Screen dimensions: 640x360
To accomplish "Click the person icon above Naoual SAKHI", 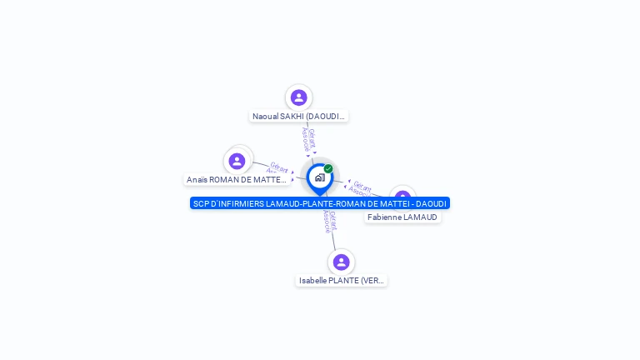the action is [298, 97].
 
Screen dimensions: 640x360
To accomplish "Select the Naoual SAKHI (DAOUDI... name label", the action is [298, 117].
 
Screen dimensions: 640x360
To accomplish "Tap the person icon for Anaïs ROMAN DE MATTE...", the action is [237, 161].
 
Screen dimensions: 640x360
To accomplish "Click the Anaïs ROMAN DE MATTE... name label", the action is [237, 180].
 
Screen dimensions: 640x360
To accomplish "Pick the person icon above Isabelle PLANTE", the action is [341, 262].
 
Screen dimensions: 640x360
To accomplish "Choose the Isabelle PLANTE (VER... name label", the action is [342, 281].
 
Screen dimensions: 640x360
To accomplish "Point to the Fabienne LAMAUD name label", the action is [402, 217].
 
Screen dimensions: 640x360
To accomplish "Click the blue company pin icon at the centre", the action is [319, 177].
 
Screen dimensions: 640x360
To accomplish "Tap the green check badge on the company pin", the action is [328, 168].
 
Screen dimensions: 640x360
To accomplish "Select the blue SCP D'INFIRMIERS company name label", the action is [319, 203].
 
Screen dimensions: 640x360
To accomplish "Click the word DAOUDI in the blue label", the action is [432, 203].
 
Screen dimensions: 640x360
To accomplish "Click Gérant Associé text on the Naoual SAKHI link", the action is [308, 139].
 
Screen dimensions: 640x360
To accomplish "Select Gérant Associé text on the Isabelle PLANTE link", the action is [330, 221].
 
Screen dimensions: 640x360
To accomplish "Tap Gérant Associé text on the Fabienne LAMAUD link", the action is [360, 188].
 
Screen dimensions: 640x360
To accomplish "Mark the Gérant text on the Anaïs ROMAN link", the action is [279, 167].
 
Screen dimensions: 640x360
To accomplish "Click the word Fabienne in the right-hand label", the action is [384, 217].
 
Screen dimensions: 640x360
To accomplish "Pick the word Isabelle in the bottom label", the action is [313, 281].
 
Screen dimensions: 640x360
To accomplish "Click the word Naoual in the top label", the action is [266, 117].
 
